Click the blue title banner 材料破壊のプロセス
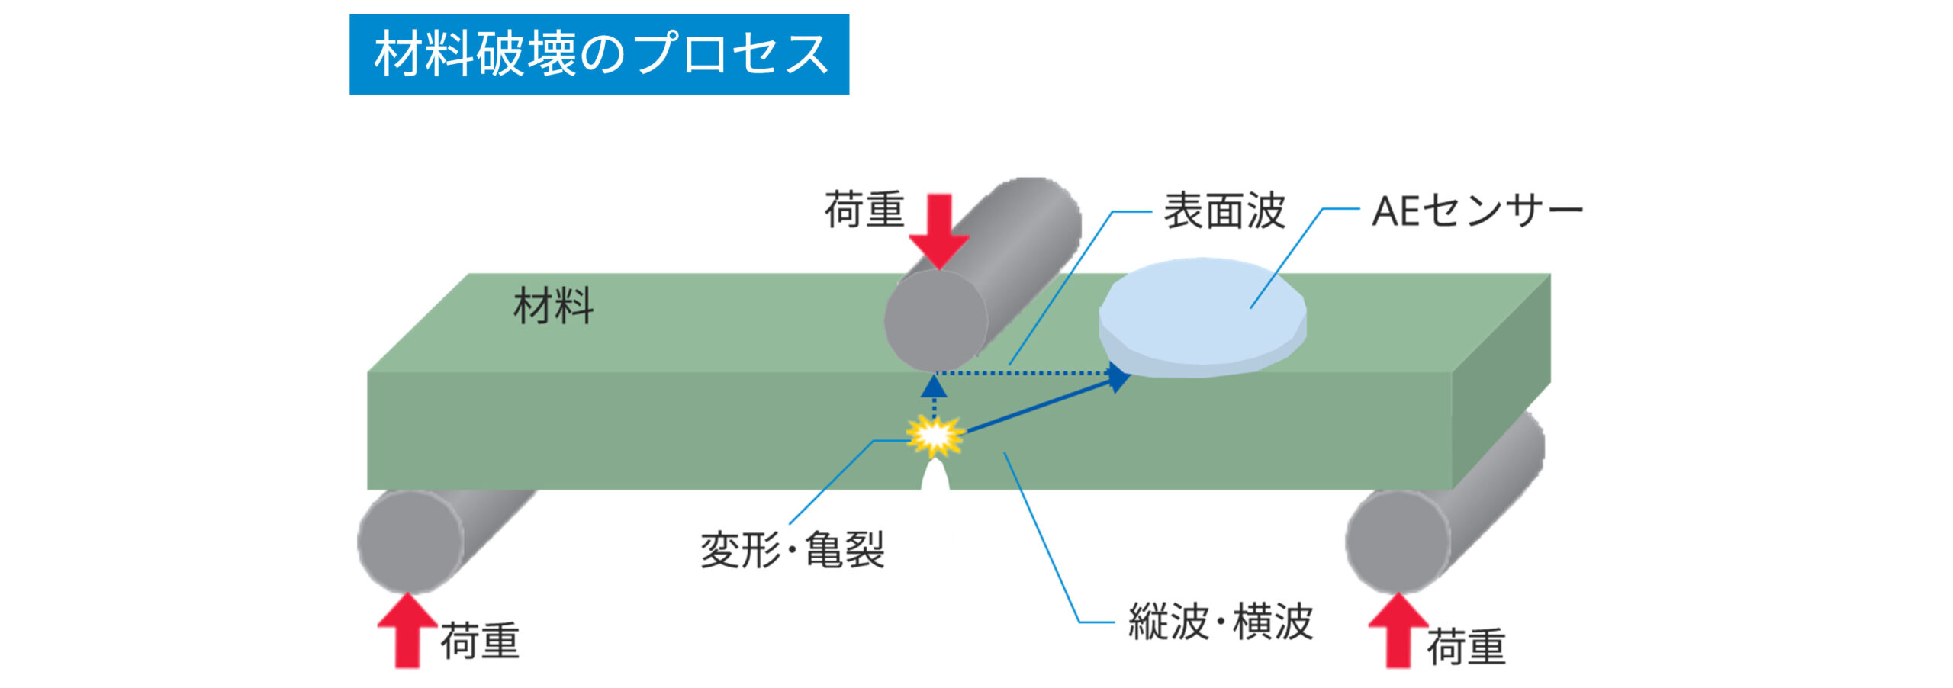[599, 54]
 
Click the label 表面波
[1224, 211]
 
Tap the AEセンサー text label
[1477, 211]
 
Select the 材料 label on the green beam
[553, 306]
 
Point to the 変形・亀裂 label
[792, 549]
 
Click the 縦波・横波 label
[1220, 622]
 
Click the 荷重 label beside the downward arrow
[864, 210]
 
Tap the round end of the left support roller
[410, 541]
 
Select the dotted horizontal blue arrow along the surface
[1030, 373]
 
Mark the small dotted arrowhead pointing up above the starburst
[934, 387]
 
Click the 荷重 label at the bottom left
[480, 641]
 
